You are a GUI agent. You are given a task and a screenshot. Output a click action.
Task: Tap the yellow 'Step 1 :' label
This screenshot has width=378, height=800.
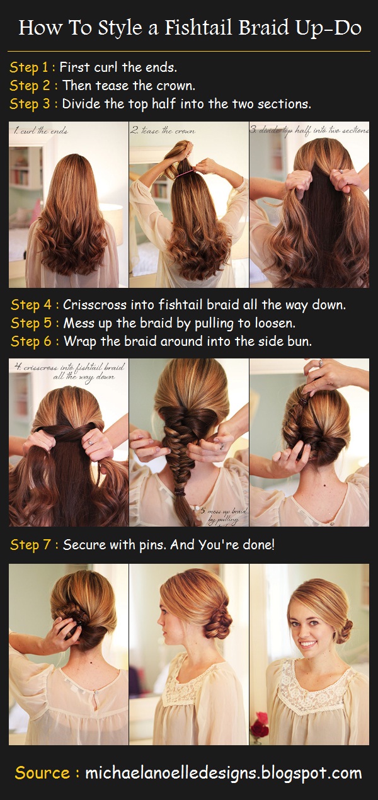point(32,67)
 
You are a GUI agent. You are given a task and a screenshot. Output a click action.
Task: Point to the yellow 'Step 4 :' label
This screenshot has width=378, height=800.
point(34,305)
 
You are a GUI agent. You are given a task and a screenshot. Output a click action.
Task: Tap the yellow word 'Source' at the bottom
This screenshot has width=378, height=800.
point(42,773)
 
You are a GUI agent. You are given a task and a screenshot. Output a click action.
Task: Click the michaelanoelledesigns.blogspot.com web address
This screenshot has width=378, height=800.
point(223,773)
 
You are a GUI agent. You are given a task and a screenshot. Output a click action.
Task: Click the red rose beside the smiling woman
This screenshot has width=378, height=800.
point(259,729)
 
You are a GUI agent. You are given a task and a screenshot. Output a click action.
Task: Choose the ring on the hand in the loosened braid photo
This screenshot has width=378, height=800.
point(221,445)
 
